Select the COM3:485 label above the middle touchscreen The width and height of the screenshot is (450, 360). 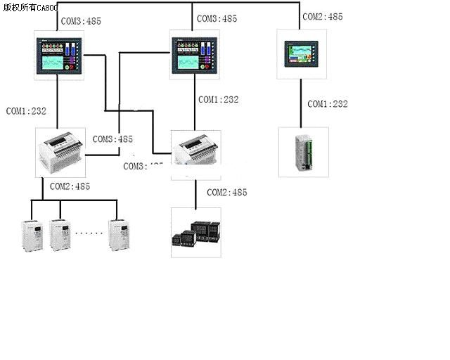pos(217,19)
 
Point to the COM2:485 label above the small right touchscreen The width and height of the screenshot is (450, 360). pos(322,16)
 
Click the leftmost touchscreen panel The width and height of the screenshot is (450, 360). pos(60,55)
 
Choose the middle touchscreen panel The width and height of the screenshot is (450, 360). pos(195,55)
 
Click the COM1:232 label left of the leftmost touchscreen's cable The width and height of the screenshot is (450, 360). pos(25,111)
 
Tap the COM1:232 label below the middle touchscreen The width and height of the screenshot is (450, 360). pos(218,100)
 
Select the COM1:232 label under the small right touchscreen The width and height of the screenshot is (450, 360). pos(328,104)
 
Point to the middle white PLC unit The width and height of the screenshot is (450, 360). pos(198,153)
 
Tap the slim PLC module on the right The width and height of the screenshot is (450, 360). pos(303,151)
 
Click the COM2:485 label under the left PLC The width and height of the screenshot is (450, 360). pos(70,186)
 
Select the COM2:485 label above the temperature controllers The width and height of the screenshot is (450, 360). pos(226,192)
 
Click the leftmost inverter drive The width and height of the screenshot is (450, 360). pos(30,236)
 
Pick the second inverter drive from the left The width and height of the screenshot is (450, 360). pos(60,236)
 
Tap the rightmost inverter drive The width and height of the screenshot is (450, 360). pos(119,236)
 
